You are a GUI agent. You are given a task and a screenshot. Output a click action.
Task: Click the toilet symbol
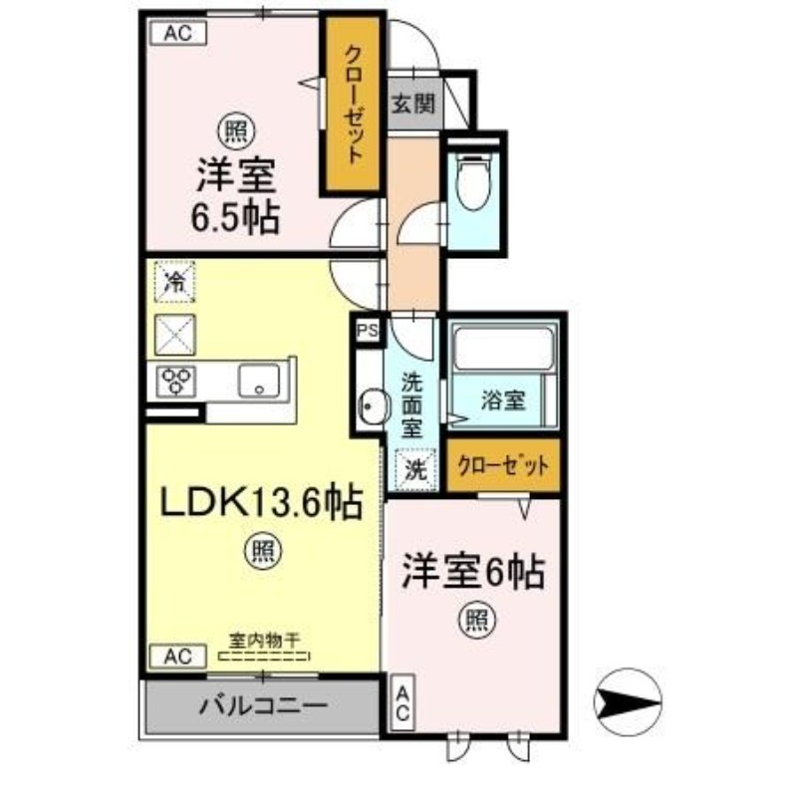coord(473,184)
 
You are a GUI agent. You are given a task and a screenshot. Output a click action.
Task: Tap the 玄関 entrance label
coord(412,105)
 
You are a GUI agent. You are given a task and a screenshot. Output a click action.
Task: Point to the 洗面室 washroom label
coord(412,405)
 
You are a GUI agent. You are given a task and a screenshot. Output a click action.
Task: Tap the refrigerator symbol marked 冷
coord(175,282)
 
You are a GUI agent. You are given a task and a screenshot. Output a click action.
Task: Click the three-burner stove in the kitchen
coord(176,380)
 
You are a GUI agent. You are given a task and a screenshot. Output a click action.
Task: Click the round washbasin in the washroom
coord(374,405)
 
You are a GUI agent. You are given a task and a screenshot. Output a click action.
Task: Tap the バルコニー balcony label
coord(263,706)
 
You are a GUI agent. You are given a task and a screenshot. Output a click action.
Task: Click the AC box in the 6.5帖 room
coord(177,33)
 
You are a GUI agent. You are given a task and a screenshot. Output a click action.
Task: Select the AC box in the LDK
coord(177,656)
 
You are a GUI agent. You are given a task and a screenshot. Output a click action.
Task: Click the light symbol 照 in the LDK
coord(263,551)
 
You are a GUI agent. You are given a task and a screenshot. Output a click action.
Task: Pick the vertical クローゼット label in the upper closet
coord(352,105)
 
